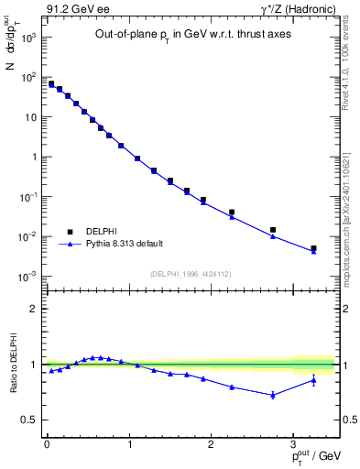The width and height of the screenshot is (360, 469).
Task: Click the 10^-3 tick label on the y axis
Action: coord(27,276)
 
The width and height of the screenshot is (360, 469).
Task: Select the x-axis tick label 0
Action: coord(47,444)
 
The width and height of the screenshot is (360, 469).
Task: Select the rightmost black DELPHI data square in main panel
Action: coord(313,248)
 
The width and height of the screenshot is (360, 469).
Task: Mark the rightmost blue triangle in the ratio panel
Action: coord(313,380)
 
